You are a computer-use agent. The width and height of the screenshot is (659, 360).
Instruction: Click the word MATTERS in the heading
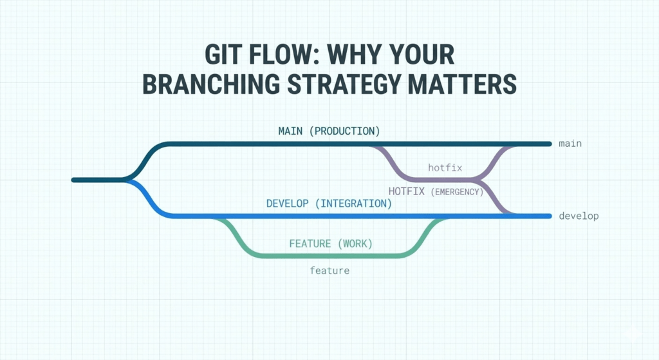tap(472, 84)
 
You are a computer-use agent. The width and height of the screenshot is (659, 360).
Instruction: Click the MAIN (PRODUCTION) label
tap(329, 131)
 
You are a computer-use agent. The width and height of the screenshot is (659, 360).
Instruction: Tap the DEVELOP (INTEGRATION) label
tap(329, 204)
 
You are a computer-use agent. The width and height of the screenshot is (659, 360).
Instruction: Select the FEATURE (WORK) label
tap(331, 244)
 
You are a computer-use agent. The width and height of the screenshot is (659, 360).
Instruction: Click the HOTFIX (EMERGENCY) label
tap(436, 191)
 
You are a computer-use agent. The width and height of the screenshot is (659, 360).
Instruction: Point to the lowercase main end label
tap(570, 143)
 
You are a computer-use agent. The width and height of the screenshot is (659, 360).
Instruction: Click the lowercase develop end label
tap(579, 216)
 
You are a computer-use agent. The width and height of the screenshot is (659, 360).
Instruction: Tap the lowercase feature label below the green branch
tap(329, 270)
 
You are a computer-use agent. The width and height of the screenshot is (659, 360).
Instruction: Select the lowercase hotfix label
tap(445, 167)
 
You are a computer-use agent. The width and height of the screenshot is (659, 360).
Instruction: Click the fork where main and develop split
tap(126, 180)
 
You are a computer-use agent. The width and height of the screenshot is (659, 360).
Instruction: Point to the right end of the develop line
tap(549, 216)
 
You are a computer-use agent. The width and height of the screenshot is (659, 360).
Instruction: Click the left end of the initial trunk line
tap(73, 180)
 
